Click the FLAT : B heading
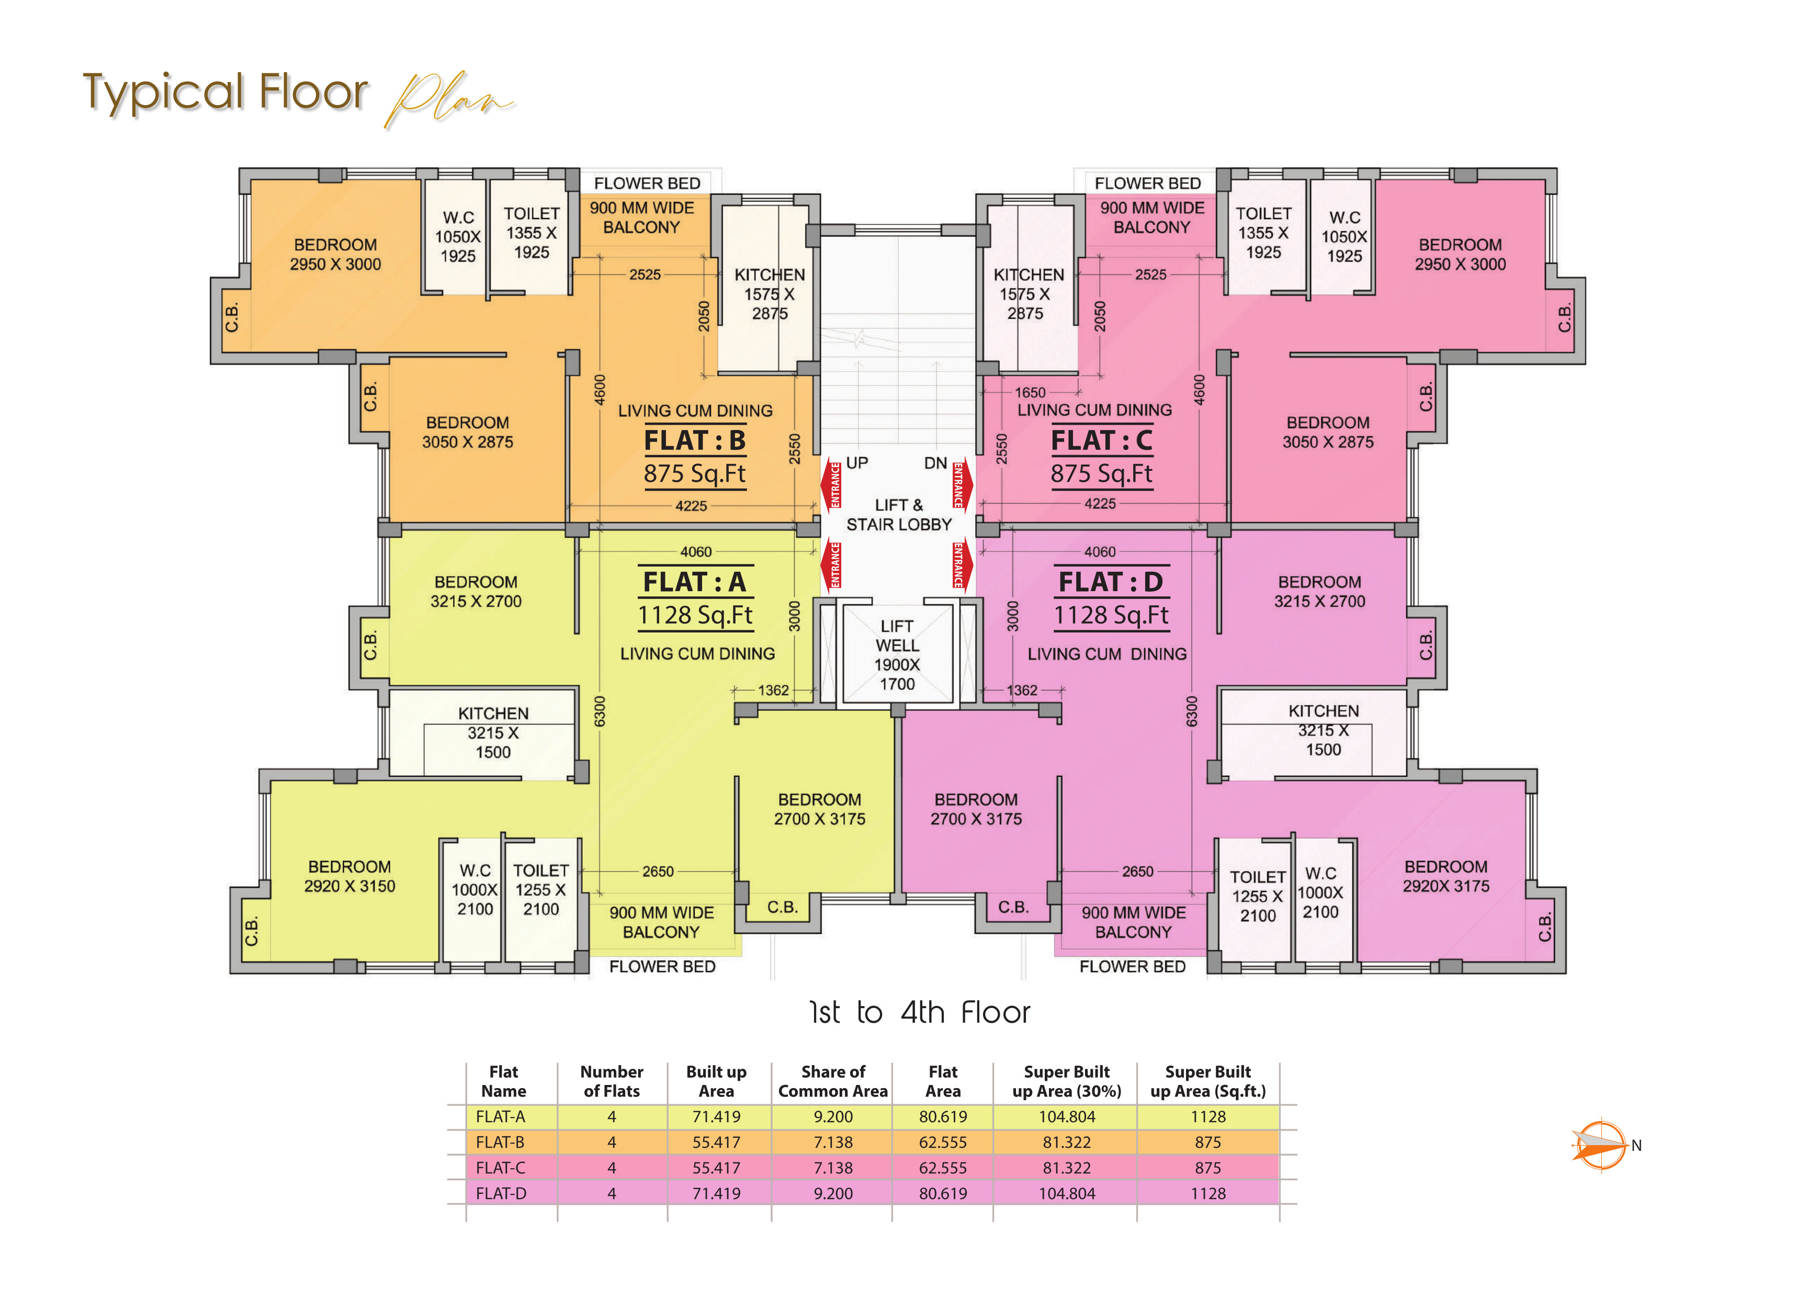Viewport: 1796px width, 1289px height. [694, 440]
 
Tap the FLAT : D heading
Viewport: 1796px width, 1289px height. [1110, 582]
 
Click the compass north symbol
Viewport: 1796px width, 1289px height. [1600, 1145]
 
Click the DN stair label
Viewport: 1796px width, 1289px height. [935, 462]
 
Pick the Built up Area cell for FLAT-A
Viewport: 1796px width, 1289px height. [716, 1116]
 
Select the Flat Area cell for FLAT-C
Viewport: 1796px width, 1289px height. [942, 1167]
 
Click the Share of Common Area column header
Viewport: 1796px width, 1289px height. [832, 1081]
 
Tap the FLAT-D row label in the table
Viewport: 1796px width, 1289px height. [501, 1193]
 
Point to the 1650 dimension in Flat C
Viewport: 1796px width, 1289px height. [1030, 392]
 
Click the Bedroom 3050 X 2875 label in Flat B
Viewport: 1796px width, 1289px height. [467, 432]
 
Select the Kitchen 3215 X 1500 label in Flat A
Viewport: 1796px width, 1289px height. [493, 732]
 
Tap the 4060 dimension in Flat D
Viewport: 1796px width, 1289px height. [1099, 552]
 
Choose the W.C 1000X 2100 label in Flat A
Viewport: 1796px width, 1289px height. [475, 890]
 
